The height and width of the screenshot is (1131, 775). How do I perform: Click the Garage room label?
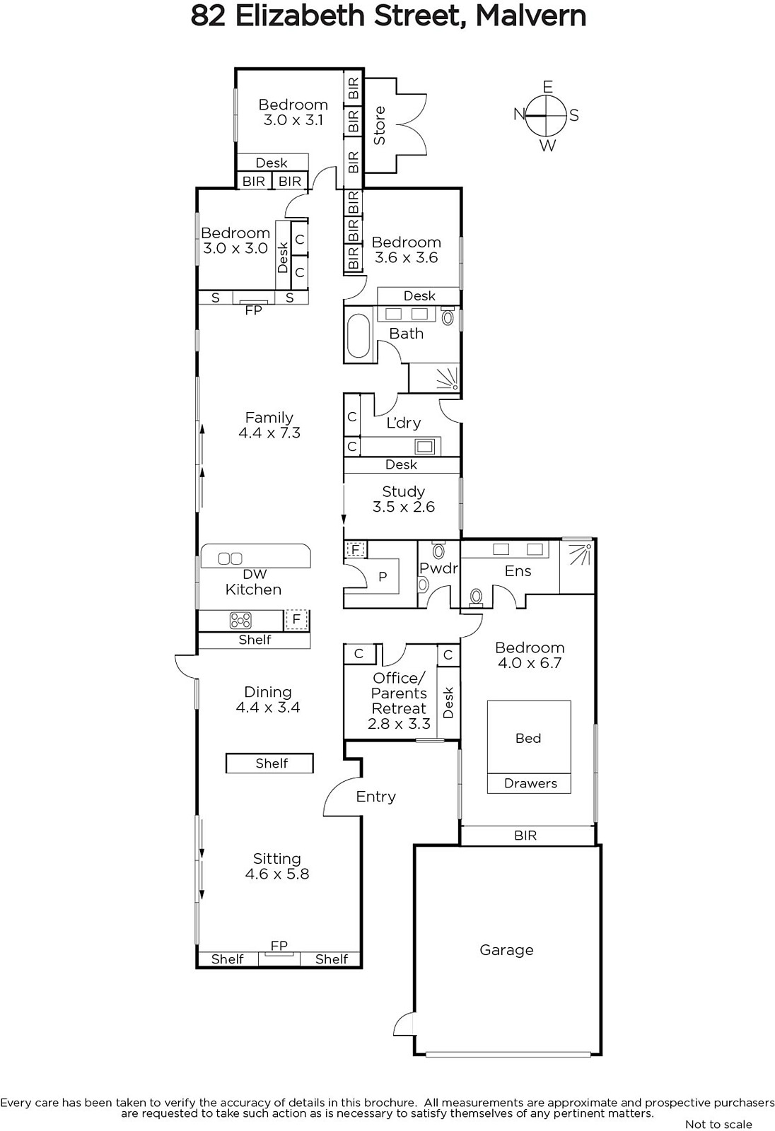pyautogui.click(x=506, y=950)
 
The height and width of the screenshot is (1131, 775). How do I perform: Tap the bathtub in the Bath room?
pyautogui.click(x=359, y=336)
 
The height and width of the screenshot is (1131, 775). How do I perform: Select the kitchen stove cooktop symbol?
pyautogui.click(x=240, y=621)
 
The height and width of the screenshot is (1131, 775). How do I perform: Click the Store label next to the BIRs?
pyautogui.click(x=379, y=126)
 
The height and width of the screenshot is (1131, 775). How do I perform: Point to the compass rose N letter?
pyautogui.click(x=519, y=115)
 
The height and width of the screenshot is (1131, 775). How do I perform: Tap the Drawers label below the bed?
pyautogui.click(x=530, y=783)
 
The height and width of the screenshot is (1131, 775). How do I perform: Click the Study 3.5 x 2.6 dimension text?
pyautogui.click(x=404, y=506)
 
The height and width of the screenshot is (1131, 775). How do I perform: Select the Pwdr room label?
pyautogui.click(x=438, y=568)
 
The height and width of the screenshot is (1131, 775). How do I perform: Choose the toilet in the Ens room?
pyautogui.click(x=476, y=597)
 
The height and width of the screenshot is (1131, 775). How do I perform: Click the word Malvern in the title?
pyautogui.click(x=530, y=16)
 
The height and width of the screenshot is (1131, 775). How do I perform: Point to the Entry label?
pyautogui.click(x=376, y=797)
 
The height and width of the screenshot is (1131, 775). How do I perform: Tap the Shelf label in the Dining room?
pyautogui.click(x=272, y=763)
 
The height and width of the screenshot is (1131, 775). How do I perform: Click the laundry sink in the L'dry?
pyautogui.click(x=424, y=446)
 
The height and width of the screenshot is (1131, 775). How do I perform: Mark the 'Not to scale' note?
pyautogui.click(x=718, y=1124)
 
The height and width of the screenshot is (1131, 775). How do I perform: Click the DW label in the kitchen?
pyautogui.click(x=255, y=574)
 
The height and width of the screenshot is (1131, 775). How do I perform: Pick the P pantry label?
pyautogui.click(x=383, y=577)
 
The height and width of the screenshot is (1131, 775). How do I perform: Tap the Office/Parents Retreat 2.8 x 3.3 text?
pyautogui.click(x=399, y=701)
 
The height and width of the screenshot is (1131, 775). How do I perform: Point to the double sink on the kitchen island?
pyautogui.click(x=230, y=558)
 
